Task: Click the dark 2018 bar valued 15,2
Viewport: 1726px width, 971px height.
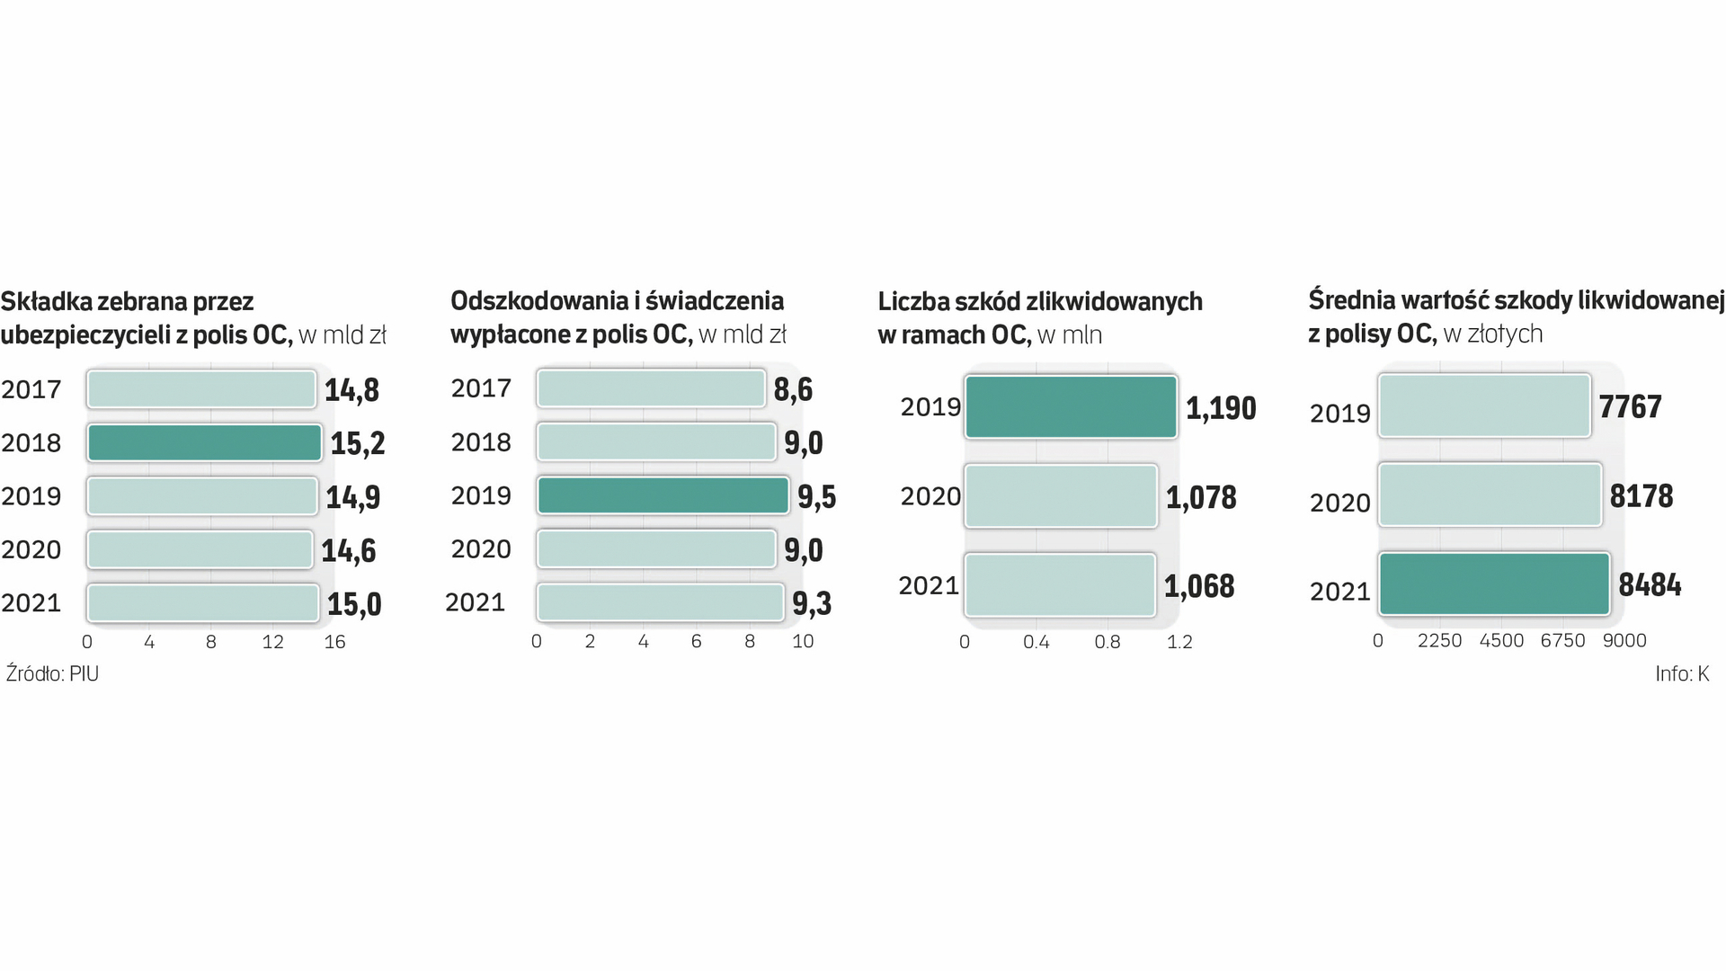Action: click(204, 442)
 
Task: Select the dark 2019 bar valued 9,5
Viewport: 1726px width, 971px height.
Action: click(663, 495)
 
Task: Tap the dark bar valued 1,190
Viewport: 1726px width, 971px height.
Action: click(1070, 407)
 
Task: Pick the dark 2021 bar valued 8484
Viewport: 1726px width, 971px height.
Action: click(1493, 584)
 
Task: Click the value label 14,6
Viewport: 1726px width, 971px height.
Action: click(349, 550)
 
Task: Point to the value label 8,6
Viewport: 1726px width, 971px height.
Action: click(793, 389)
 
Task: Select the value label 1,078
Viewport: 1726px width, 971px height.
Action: click(1201, 497)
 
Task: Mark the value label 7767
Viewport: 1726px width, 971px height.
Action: click(1630, 406)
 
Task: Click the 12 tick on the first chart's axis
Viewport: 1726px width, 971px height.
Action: click(272, 642)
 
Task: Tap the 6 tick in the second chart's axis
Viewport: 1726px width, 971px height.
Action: click(696, 642)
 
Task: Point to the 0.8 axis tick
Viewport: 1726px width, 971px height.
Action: click(1107, 642)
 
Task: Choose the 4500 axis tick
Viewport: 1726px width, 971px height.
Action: click(1501, 640)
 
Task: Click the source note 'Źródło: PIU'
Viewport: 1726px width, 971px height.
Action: click(52, 673)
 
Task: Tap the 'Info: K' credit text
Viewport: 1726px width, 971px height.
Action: click(1682, 673)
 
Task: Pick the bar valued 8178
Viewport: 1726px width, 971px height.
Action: click(1490, 494)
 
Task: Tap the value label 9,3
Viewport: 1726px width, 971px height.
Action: click(812, 604)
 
